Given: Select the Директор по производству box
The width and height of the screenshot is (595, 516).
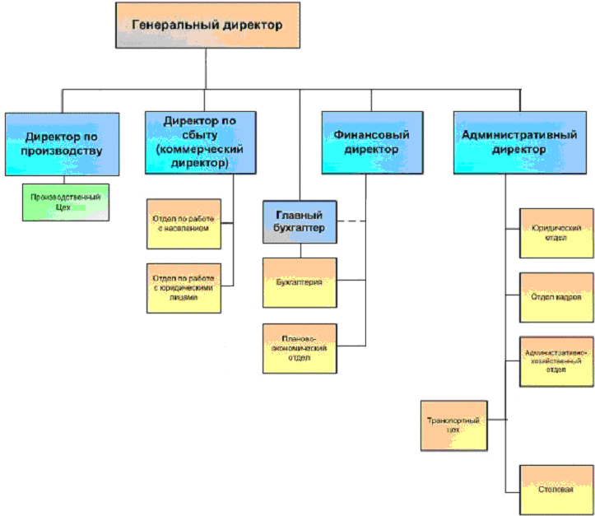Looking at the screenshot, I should pyautogui.click(x=63, y=142).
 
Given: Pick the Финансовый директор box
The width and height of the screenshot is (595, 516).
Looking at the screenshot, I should pyautogui.click(x=372, y=142).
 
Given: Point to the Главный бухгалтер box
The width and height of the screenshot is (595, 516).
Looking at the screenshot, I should pyautogui.click(x=300, y=221).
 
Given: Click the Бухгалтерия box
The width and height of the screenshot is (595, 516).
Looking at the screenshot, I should pyautogui.click(x=300, y=282).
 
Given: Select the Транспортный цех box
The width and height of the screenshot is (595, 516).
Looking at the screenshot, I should pyautogui.click(x=453, y=425).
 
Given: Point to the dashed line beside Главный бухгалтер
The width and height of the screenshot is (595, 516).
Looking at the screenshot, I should pyautogui.click(x=352, y=221).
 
